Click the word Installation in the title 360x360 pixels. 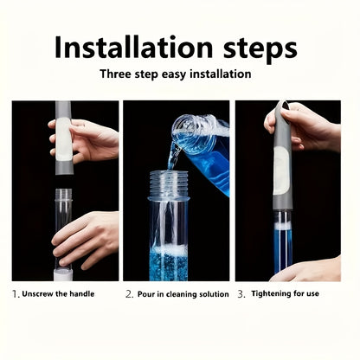point(130,48)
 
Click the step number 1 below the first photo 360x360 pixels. point(16,294)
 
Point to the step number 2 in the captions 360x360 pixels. point(129,294)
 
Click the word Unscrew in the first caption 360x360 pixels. point(39,294)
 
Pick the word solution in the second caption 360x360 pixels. point(211,294)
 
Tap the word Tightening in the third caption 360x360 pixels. point(273,294)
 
